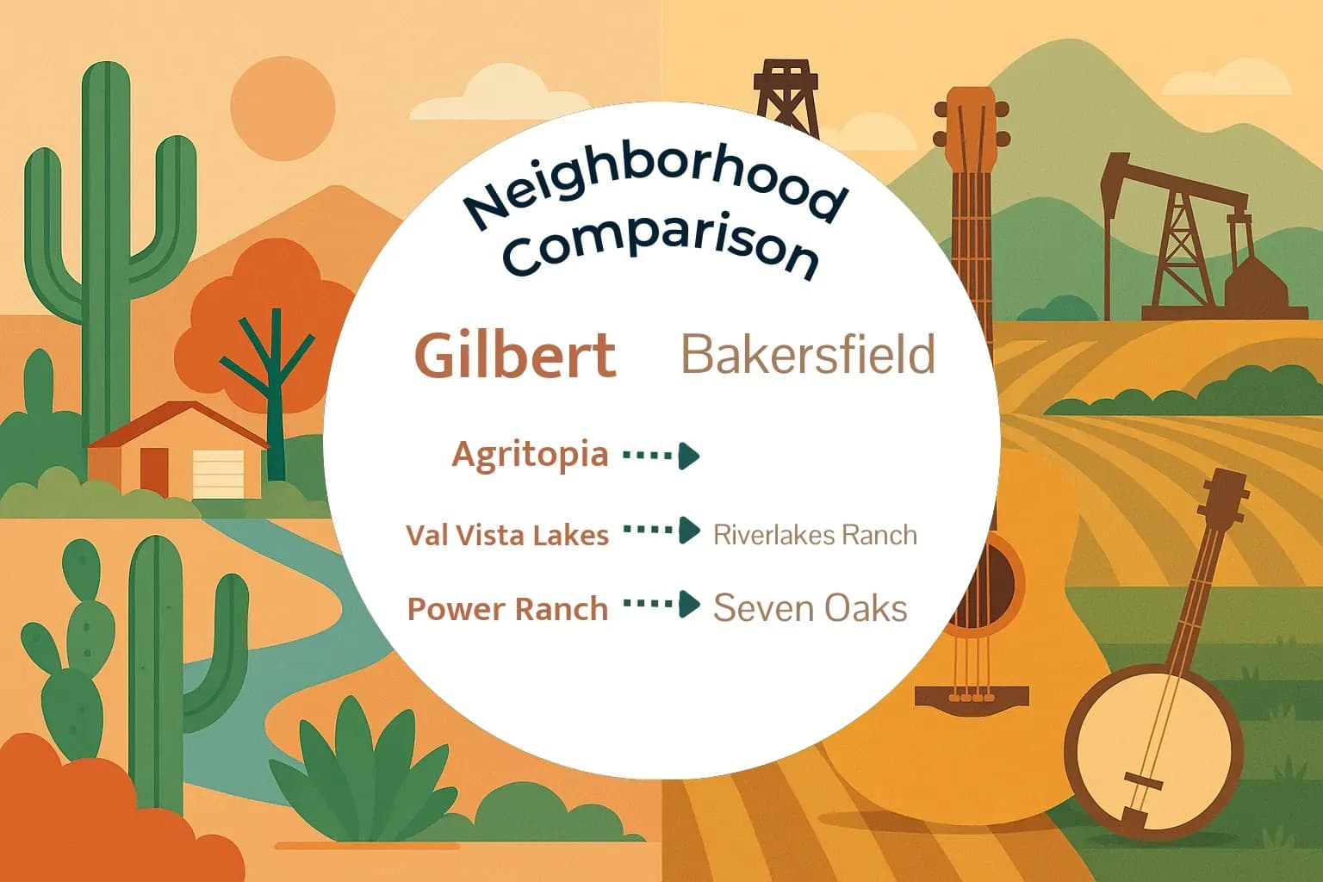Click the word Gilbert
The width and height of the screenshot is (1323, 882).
click(515, 355)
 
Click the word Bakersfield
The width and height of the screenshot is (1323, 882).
click(808, 354)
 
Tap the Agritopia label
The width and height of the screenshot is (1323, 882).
click(530, 454)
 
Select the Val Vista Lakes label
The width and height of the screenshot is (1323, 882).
click(507, 535)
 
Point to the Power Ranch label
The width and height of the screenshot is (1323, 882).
click(507, 609)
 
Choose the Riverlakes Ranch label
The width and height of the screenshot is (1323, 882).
click(815, 535)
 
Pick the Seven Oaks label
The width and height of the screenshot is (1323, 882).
click(810, 608)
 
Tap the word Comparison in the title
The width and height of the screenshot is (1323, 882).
click(660, 245)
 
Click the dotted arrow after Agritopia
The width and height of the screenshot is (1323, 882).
click(661, 455)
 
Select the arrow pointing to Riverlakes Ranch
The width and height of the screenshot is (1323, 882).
click(661, 531)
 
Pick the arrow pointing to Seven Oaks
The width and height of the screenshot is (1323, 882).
click(661, 605)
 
